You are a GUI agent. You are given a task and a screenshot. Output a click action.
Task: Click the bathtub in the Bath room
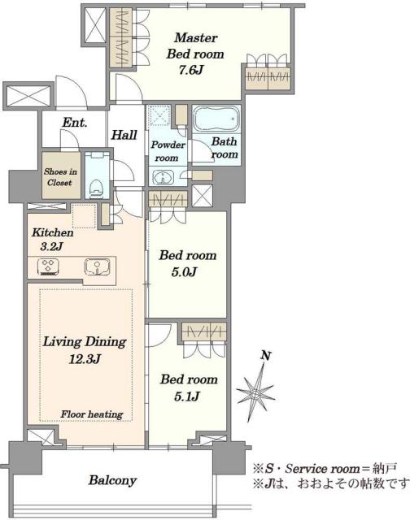pyautogui.click(x=216, y=119)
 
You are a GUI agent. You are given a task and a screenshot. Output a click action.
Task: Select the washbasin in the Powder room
pyautogui.click(x=164, y=177)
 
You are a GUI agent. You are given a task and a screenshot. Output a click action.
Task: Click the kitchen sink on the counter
pyautogui.click(x=98, y=266)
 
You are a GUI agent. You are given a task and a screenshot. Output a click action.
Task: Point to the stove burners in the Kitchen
pyautogui.click(x=49, y=266)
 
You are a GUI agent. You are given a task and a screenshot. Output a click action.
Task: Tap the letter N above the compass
pyautogui.click(x=265, y=356)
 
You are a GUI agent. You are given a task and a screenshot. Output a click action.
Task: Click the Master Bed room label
pyautogui.click(x=195, y=45)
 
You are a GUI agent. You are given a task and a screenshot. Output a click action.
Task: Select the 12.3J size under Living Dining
pyautogui.click(x=85, y=359)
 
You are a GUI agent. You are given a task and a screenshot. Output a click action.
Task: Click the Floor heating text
pyautogui.click(x=92, y=414)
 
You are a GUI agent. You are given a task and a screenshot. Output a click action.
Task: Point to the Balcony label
pyautogui.click(x=112, y=480)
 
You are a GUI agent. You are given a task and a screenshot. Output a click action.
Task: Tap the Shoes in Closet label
pyautogui.click(x=60, y=177)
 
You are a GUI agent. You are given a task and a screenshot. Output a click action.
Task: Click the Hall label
pyautogui.click(x=124, y=135)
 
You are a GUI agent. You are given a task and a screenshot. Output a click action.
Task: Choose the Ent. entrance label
pyautogui.click(x=75, y=123)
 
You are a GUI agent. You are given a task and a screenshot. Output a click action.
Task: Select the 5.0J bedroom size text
pyautogui.click(x=184, y=272)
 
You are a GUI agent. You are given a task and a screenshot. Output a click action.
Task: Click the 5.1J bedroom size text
pyautogui.click(x=186, y=396)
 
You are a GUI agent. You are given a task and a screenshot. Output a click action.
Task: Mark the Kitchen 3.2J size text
pyautogui.click(x=52, y=246)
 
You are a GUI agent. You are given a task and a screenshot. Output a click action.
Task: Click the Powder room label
pyautogui.click(x=168, y=151)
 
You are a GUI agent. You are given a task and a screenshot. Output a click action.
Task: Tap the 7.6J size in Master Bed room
pyautogui.click(x=191, y=71)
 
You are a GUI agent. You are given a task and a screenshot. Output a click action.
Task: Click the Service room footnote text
pyautogui.click(x=325, y=469)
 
